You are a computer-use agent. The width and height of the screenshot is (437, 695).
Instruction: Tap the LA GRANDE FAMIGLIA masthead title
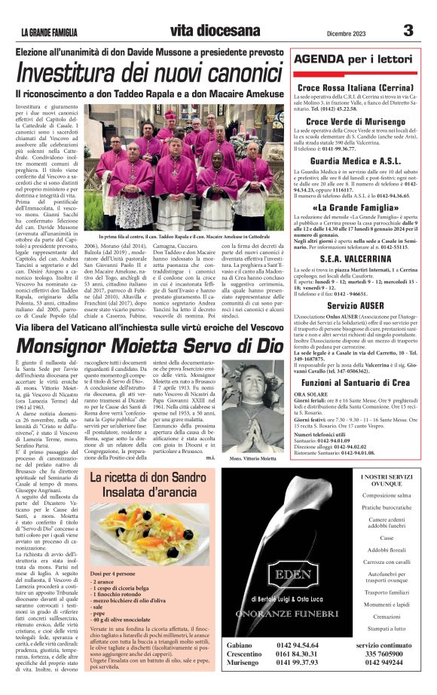(60, 32)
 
